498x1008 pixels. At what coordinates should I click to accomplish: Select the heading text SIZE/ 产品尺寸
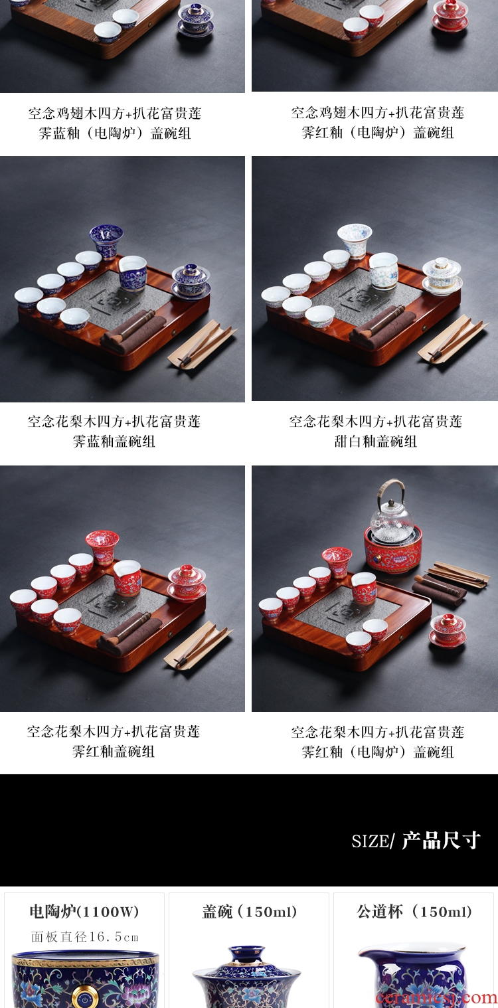416,841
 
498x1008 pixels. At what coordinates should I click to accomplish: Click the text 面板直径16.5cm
84,937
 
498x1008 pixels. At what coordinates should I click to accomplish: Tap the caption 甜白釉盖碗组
375,441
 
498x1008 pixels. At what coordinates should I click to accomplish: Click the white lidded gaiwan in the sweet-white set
442,276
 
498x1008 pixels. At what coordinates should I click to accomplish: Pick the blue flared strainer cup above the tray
106,241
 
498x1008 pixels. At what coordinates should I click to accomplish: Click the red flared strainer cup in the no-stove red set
102,546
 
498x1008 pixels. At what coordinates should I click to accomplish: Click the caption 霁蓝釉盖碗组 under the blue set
114,441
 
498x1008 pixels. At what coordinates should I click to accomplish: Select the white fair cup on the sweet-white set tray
384,271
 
